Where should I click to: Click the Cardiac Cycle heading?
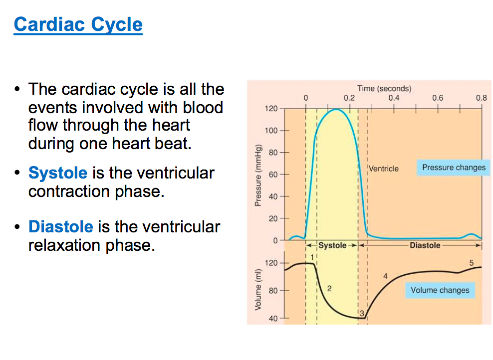point(78,24)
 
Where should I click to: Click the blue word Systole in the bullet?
point(58,173)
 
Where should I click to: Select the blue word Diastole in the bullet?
point(61,227)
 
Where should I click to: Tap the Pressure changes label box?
point(453,168)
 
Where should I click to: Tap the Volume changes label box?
point(440,290)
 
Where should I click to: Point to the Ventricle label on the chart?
point(384,169)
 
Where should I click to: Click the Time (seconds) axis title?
point(384,88)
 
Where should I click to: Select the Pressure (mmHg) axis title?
point(258,176)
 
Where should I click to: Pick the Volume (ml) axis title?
point(258,290)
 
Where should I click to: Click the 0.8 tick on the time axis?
point(481,98)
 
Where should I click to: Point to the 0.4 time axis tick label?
point(394,98)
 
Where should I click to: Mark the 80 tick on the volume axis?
point(273,290)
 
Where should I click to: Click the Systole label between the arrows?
point(332,245)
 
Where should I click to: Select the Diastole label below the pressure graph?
point(425,245)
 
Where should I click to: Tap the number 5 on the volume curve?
point(471,263)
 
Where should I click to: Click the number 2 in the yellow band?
point(329,289)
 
